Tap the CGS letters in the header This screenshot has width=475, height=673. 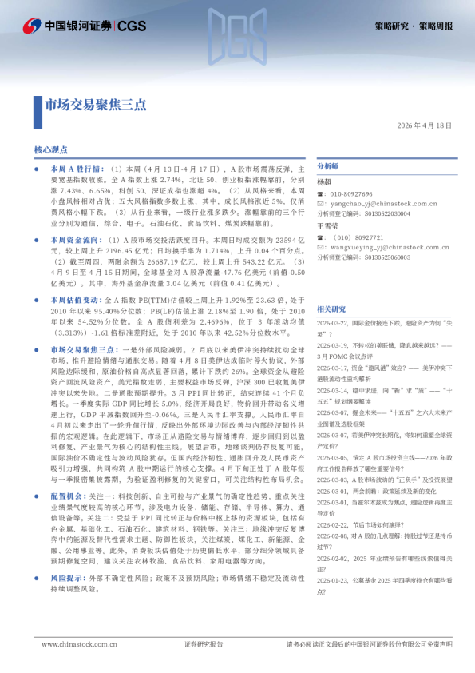tap(132, 26)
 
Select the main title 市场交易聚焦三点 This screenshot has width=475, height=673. tap(95, 104)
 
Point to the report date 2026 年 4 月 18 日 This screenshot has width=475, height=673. tap(424, 125)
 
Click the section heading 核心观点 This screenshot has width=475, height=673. tap(51, 149)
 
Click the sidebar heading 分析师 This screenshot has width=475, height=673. tap(328, 166)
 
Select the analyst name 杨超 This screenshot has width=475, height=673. tap(324, 183)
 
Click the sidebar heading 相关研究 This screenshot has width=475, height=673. tap(331, 309)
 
